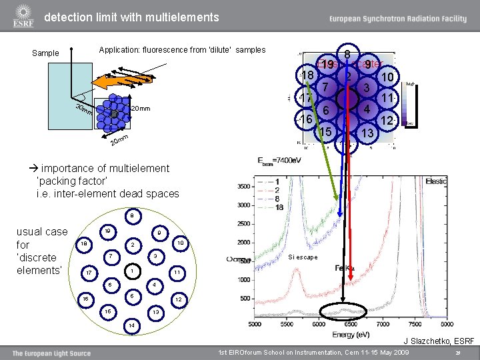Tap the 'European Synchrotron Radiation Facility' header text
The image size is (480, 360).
pos(394,19)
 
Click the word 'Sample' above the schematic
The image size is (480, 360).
pos(45,53)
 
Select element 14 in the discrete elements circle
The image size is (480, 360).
pos(133,325)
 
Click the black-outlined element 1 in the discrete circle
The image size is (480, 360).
pos(133,271)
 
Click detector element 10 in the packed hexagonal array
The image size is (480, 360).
pos(386,79)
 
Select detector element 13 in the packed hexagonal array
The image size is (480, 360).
pos(367,133)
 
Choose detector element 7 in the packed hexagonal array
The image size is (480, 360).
pos(325,87)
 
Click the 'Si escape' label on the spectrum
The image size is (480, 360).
pos(303,257)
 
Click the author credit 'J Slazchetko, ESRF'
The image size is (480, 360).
pos(438,341)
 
